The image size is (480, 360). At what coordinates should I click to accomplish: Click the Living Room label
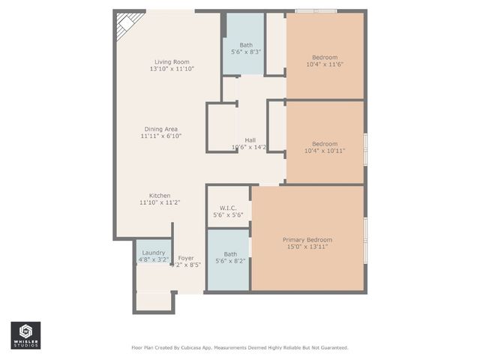pos(172,61)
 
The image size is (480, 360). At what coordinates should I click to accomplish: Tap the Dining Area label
pos(160,128)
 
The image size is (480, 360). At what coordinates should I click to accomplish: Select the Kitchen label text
pos(160,195)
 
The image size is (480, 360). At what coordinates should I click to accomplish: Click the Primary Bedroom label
pos(307,239)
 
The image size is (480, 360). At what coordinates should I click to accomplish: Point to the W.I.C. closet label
pos(229,207)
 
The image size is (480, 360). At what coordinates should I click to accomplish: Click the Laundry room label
pos(153,253)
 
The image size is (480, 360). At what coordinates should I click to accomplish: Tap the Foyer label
pos(185,258)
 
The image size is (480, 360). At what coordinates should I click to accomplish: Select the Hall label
pos(250,139)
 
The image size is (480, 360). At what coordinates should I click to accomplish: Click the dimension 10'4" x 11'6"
pos(324,65)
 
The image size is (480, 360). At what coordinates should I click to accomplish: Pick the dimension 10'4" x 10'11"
pos(324,151)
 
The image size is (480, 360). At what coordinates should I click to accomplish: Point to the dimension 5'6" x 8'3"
pos(245,52)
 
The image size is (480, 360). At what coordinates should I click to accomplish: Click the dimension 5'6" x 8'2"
pos(230,261)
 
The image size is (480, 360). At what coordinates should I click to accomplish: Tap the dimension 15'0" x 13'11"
pos(307,246)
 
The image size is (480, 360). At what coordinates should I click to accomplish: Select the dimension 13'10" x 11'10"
pos(172,69)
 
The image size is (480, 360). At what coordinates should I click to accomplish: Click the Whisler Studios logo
pos(25,335)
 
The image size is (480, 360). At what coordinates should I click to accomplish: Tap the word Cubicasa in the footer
pos(193,348)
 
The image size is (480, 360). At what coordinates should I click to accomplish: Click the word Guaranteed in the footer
pos(331,348)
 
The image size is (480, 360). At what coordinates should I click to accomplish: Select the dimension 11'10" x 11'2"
pos(160,202)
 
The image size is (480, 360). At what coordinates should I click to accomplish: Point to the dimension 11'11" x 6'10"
pos(160,136)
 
